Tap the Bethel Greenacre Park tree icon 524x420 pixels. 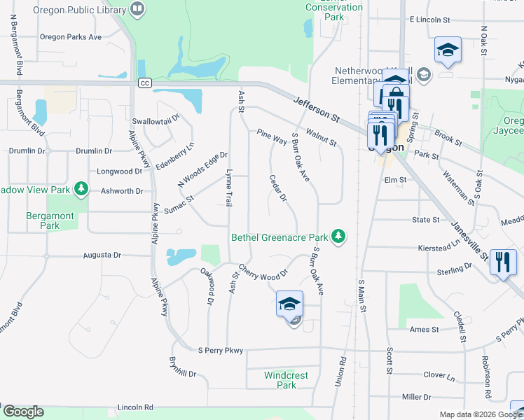(338, 236)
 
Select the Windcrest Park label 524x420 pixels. (286, 380)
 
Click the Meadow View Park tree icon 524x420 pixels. (81, 189)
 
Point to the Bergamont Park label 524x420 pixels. (50, 221)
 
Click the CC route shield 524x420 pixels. (145, 83)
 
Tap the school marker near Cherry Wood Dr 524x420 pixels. (289, 304)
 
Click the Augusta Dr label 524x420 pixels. (103, 255)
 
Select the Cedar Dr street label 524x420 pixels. (278, 188)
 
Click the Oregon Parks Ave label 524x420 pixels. (71, 37)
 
